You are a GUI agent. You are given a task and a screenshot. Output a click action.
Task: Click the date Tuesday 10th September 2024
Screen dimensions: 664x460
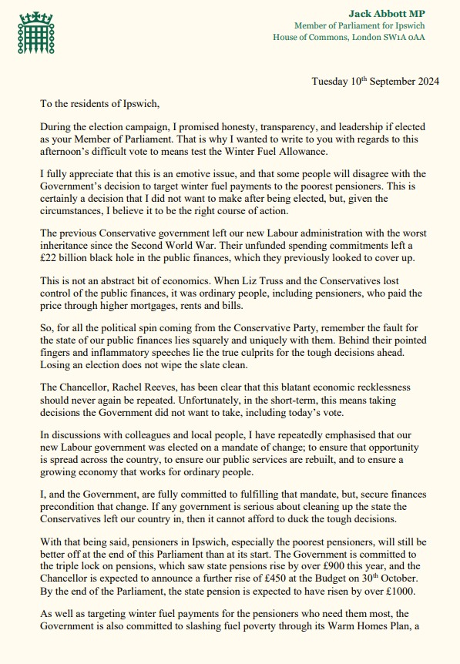[371, 81]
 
